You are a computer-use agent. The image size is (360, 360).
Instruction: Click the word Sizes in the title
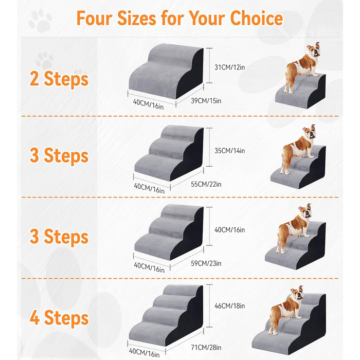pyautogui.click(x=137, y=19)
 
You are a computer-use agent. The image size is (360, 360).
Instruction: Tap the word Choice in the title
pyautogui.click(x=257, y=19)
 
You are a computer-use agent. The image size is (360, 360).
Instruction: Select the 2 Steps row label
pyautogui.click(x=59, y=79)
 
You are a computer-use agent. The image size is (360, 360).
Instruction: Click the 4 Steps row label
pyautogui.click(x=59, y=318)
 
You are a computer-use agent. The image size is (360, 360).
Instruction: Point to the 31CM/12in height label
pyautogui.click(x=229, y=67)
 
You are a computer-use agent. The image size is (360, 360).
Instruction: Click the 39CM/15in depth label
pyautogui.click(x=206, y=101)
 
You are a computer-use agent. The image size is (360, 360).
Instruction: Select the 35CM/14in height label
pyautogui.click(x=229, y=151)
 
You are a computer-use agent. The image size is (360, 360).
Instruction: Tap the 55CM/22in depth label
pyautogui.click(x=206, y=184)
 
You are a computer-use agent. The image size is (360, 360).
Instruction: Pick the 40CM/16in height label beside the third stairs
pyautogui.click(x=229, y=230)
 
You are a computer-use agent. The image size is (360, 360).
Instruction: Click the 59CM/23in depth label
pyautogui.click(x=206, y=263)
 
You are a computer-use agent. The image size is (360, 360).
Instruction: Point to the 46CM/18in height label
pyautogui.click(x=229, y=306)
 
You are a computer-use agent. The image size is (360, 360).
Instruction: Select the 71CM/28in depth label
pyautogui.click(x=206, y=347)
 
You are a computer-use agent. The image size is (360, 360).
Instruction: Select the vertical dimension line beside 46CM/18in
pyautogui.click(x=209, y=306)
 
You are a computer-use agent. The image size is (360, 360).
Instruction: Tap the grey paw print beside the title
pyautogui.click(x=41, y=21)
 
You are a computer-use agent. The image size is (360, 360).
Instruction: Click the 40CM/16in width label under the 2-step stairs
pyautogui.click(x=148, y=104)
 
